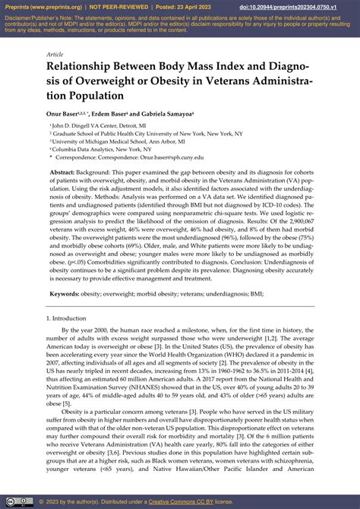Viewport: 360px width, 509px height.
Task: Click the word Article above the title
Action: pos(55,55)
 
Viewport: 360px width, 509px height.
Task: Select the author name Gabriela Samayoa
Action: pos(168,114)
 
